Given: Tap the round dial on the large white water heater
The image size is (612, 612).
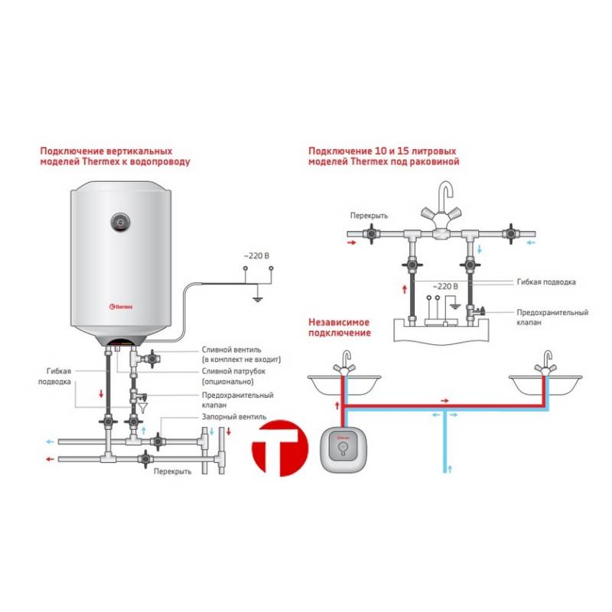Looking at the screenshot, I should (122, 223).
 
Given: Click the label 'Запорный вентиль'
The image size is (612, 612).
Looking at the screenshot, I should (233, 417).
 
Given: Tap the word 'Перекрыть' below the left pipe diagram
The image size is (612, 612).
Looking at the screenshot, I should (172, 471).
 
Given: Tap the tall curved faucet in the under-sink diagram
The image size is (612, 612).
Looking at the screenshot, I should (444, 203).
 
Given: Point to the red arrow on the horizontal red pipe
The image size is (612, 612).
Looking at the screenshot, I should (444, 400).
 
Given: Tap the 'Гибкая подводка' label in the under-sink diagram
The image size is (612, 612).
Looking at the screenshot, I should (544, 282).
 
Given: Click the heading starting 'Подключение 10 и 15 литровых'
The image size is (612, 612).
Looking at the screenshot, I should (384, 156).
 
